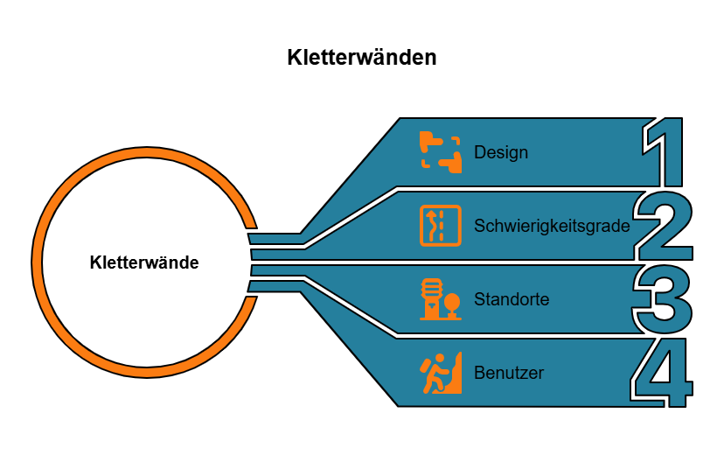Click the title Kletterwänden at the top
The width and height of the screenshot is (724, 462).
pyautogui.click(x=361, y=59)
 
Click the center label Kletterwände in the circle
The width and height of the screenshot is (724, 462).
pyautogui.click(x=144, y=262)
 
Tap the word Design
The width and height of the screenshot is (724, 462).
pyautogui.click(x=501, y=152)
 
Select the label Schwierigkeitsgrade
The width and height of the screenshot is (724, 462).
pyautogui.click(x=551, y=226)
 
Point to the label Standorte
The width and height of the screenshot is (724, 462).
pyautogui.click(x=512, y=299)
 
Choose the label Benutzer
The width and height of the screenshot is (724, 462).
pyautogui.click(x=509, y=373)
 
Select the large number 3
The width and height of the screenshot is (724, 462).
pyautogui.click(x=663, y=299)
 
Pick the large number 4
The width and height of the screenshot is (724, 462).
pyautogui.click(x=662, y=374)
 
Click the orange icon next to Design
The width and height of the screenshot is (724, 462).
pyautogui.click(x=440, y=150)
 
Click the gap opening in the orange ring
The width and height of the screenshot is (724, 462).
pyautogui.click(x=250, y=262)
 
